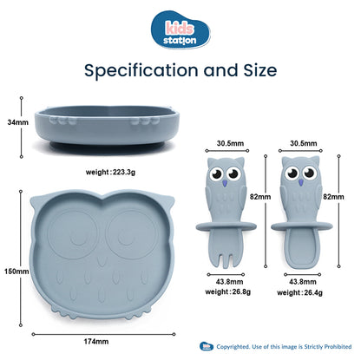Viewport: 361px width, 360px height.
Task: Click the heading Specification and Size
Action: pos(180,69)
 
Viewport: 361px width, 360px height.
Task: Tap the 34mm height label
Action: pos(13,123)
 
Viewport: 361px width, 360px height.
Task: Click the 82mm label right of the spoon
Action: pos(345,197)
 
